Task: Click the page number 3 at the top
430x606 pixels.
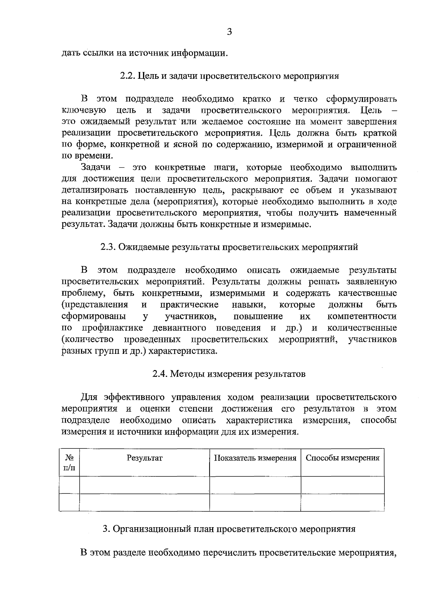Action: (x=230, y=32)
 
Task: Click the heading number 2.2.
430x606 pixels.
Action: (x=127, y=76)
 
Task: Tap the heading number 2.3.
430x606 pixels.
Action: (x=108, y=247)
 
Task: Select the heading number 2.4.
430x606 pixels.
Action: (x=159, y=374)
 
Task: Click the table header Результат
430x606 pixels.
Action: (x=144, y=458)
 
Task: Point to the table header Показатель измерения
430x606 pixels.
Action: (x=255, y=458)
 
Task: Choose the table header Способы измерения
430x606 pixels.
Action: (x=343, y=458)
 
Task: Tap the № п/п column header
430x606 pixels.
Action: (x=70, y=462)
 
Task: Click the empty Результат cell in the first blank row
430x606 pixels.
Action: (x=144, y=485)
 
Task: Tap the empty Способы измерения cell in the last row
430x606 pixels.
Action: (x=343, y=502)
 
